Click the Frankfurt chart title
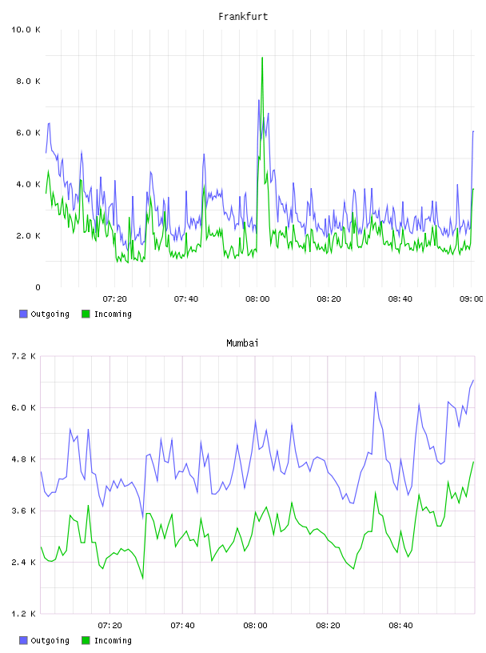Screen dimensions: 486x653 point(243,17)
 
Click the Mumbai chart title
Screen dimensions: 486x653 point(242,343)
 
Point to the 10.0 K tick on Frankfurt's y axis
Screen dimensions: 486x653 point(26,30)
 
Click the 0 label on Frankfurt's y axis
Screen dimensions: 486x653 point(38,287)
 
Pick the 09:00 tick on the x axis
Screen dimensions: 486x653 point(471,299)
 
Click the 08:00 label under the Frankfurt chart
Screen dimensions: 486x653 point(257,299)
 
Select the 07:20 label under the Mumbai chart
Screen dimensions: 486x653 point(110,626)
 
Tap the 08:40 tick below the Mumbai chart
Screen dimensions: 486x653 point(400,626)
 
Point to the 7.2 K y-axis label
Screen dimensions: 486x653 point(23,356)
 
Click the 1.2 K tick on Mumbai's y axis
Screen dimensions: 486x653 point(23,614)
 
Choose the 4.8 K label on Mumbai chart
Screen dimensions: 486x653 point(23,459)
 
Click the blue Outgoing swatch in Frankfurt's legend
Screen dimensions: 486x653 point(23,314)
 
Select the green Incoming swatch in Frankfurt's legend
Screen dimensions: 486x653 point(86,314)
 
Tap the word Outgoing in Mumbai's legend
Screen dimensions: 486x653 point(50,640)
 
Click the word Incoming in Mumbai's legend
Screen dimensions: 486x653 point(113,640)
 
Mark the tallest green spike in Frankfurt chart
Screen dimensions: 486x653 point(262,58)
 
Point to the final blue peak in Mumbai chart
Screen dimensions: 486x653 point(473,380)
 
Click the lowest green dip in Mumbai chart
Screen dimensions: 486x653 point(143,579)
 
